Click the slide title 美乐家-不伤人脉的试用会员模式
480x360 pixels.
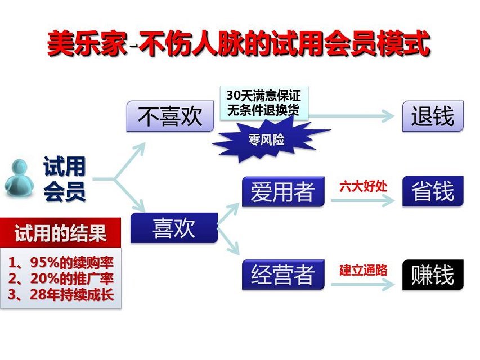239,43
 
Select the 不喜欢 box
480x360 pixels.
170,116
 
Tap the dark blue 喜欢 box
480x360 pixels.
174,228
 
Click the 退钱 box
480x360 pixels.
433,116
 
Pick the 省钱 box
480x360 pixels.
433,191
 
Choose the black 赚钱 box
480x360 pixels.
433,274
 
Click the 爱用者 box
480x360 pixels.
283,192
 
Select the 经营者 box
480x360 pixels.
283,274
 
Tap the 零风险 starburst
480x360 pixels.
266,140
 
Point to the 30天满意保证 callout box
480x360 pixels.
264,103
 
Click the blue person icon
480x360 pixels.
19,178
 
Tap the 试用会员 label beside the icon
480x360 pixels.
64,179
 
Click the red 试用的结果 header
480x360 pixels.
61,232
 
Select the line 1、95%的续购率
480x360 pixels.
61,262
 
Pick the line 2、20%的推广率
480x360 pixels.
61,278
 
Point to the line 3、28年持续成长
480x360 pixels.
61,294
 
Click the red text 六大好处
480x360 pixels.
363,186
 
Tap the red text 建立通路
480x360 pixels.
363,269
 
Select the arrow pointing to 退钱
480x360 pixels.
352,116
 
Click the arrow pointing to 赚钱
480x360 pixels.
363,285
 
